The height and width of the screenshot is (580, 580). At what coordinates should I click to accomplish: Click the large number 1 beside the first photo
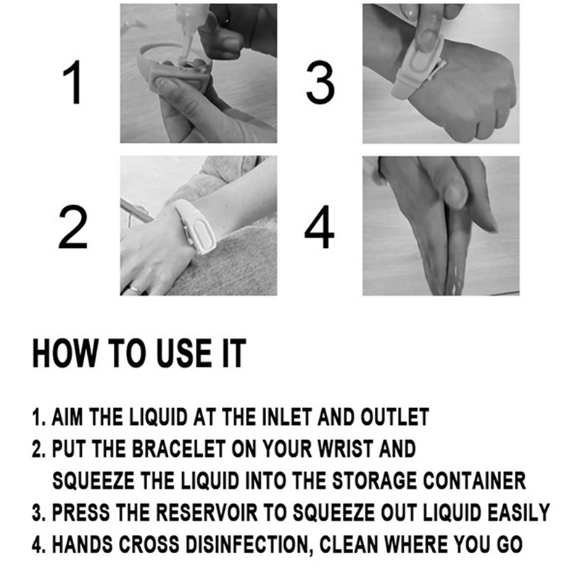tap(73, 82)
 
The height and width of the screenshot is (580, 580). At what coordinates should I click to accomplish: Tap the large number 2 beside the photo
tap(73, 228)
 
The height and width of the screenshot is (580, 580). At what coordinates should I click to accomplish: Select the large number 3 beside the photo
tap(320, 82)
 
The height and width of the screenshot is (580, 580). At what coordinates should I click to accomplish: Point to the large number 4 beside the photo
tap(319, 228)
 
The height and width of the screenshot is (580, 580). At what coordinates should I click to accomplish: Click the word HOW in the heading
tap(65, 353)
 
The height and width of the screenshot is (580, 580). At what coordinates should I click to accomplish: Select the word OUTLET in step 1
tap(394, 418)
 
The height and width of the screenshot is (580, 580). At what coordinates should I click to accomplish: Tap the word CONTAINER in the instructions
tap(474, 481)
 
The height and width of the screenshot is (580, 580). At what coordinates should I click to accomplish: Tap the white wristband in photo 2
tap(196, 226)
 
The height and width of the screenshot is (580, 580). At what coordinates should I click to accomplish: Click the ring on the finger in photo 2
tap(135, 289)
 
